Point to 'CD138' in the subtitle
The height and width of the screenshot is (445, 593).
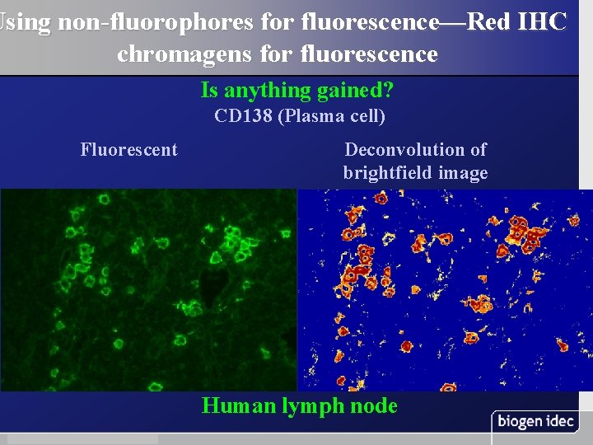click(x=243, y=116)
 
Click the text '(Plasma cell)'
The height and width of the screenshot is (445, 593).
click(x=332, y=116)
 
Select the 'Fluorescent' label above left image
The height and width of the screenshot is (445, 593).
click(x=128, y=149)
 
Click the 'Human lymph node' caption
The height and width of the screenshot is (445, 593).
click(x=300, y=405)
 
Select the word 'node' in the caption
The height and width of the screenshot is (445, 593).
click(x=376, y=405)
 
